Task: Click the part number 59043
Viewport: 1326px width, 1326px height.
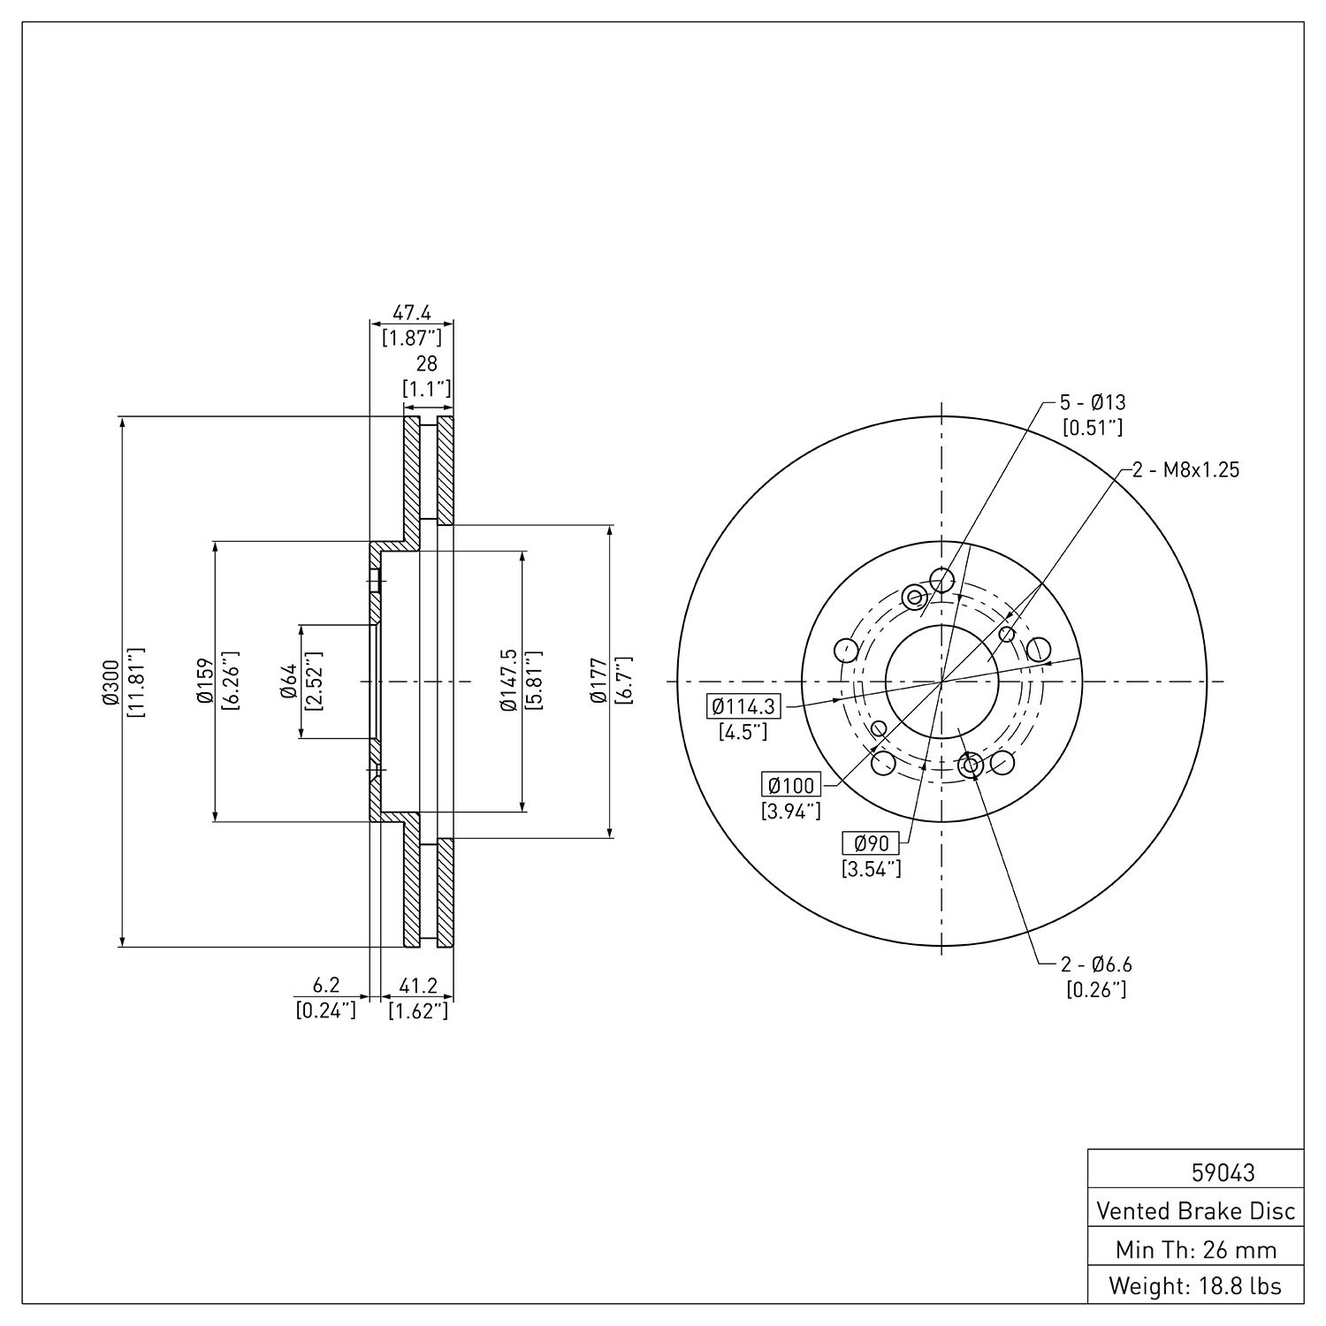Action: pos(1223,1173)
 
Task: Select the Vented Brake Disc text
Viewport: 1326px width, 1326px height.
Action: pos(1196,1211)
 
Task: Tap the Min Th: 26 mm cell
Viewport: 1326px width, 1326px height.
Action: pos(1196,1249)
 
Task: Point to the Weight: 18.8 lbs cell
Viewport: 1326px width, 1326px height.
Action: pos(1196,1286)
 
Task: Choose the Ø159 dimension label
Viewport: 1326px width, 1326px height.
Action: pos(204,682)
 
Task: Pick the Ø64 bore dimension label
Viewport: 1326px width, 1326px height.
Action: pos(288,682)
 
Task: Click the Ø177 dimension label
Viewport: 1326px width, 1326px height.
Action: pos(598,682)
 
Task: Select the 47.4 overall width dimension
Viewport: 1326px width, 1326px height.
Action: pos(411,313)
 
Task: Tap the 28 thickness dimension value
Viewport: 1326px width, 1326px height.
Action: pos(427,364)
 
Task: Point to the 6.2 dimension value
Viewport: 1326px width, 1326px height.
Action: pos(326,985)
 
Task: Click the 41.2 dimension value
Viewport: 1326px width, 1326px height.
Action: pos(418,985)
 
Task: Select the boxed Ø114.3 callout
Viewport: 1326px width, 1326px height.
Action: pos(743,706)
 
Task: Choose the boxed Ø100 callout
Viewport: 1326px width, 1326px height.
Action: pos(791,785)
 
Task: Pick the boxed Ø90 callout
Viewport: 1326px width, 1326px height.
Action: pos(871,843)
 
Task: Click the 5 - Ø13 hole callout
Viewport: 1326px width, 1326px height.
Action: pos(1094,403)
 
